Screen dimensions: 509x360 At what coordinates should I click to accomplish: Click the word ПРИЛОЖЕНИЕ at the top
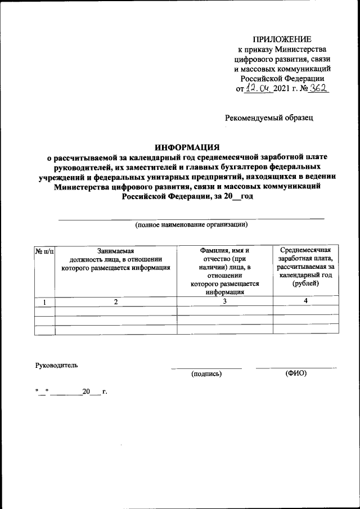(281, 39)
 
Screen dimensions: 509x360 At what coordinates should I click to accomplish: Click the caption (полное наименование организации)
(191, 224)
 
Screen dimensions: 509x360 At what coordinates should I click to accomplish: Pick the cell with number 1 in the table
(44, 302)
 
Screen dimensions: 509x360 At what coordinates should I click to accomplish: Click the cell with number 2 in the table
(116, 302)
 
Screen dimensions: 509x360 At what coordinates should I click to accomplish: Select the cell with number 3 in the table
(224, 302)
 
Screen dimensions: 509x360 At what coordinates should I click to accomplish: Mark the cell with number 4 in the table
(305, 302)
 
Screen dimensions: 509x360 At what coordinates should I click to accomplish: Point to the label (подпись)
(206, 373)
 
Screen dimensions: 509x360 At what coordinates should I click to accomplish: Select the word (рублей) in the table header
(305, 283)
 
